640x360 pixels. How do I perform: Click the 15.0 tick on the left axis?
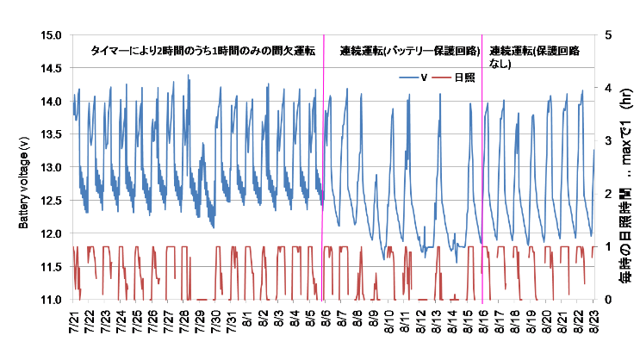(x=51, y=35)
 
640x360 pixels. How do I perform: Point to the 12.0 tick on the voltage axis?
(x=51, y=234)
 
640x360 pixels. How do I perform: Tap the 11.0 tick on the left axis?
(x=51, y=300)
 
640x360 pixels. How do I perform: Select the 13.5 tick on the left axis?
(x=51, y=134)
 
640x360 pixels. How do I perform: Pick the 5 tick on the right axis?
(x=609, y=35)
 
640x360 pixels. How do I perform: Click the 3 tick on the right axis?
(x=609, y=141)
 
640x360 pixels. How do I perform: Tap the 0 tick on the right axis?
(x=609, y=300)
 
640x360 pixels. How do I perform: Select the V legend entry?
(x=413, y=78)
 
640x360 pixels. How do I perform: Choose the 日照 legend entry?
(x=453, y=78)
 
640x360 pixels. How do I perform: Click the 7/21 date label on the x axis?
(x=73, y=321)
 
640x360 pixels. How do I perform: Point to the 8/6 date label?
(x=326, y=320)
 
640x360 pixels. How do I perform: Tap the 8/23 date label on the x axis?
(x=593, y=321)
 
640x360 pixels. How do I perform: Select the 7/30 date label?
(x=215, y=321)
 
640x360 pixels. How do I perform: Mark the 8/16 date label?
(x=483, y=321)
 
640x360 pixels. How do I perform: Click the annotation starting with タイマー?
(x=203, y=51)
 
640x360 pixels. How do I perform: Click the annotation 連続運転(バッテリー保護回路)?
(x=410, y=51)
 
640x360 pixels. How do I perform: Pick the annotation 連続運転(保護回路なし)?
(x=535, y=57)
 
